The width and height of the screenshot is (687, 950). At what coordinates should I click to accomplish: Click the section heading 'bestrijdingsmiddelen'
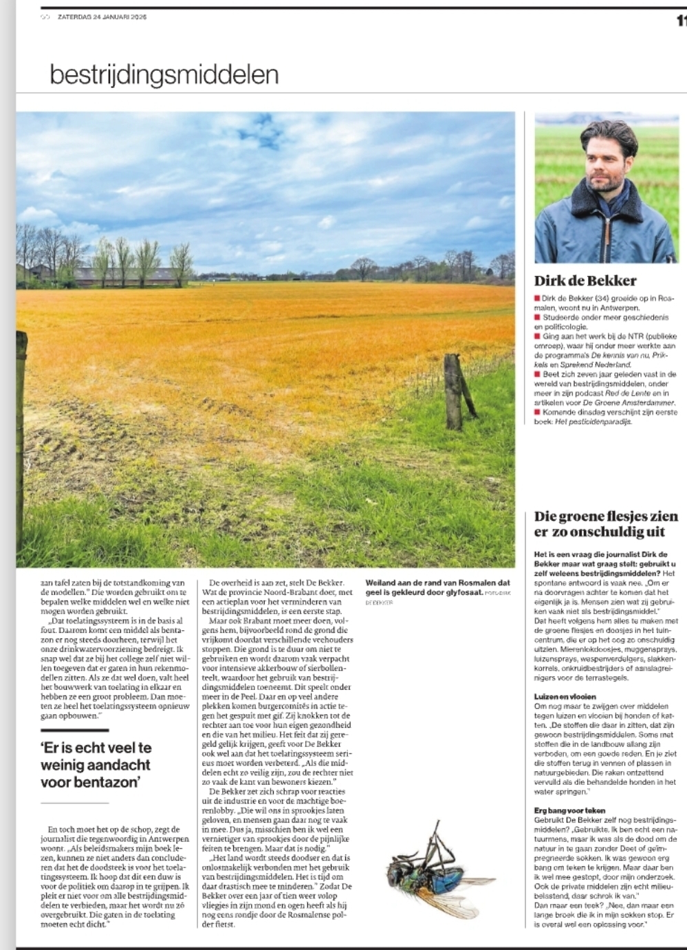coord(164,74)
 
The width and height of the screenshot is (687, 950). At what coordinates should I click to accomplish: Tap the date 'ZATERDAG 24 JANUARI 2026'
coord(102,17)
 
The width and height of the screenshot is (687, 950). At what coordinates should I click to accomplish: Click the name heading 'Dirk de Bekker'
coord(585,281)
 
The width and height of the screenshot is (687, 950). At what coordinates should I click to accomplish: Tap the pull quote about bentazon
coord(96,764)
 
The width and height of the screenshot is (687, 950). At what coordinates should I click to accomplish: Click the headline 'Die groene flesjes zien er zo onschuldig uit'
coord(605,524)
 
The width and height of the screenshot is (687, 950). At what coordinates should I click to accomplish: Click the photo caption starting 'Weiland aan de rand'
coord(437,587)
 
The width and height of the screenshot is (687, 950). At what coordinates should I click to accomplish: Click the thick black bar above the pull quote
coord(74,729)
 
